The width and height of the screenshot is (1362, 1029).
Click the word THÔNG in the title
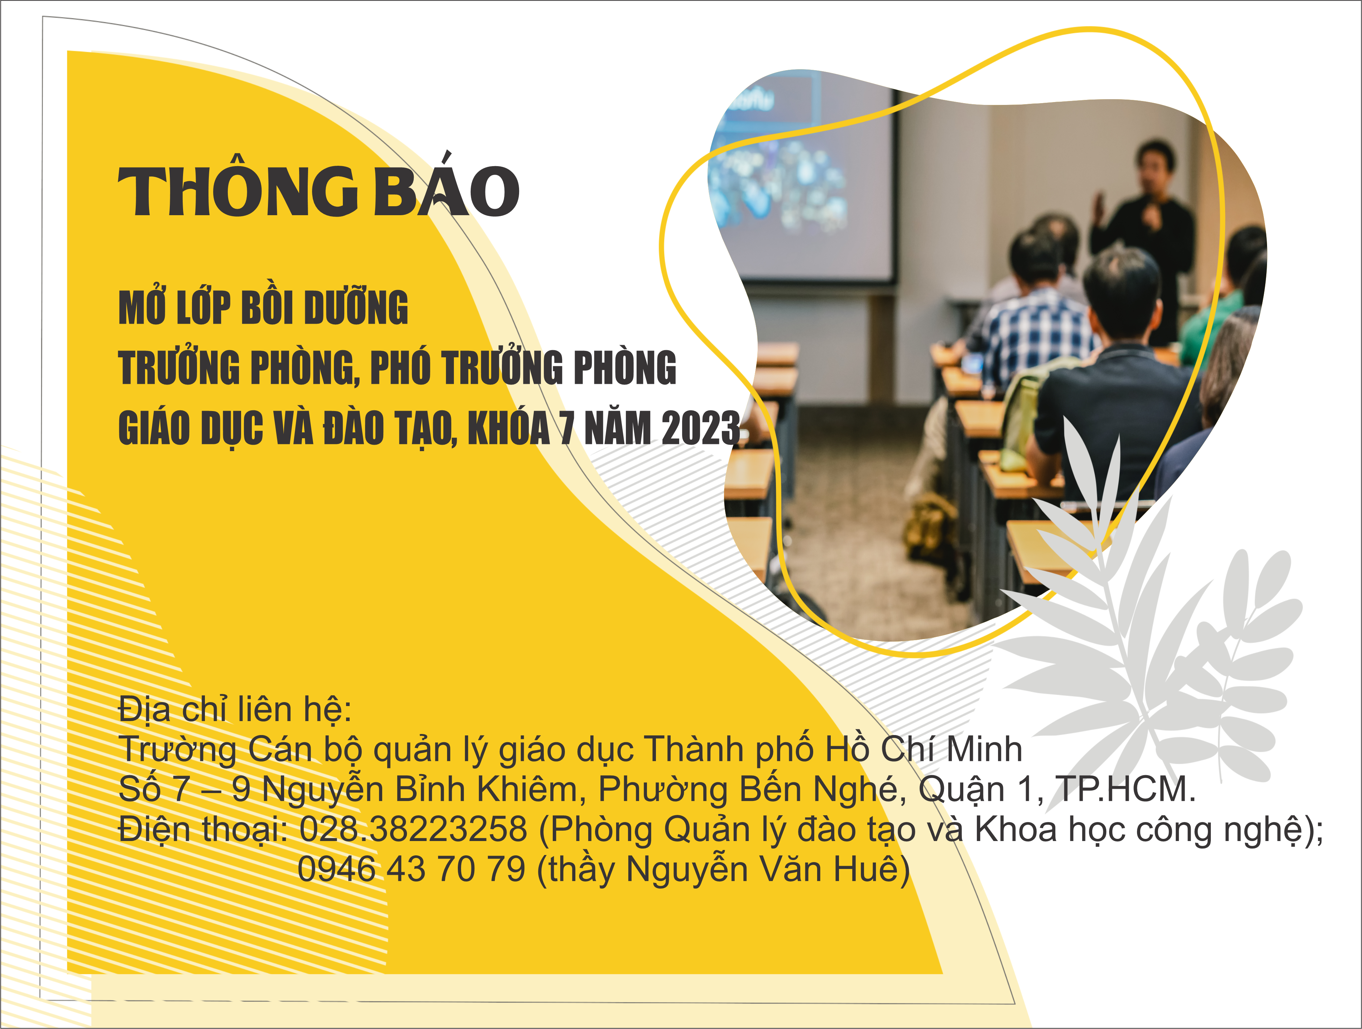(x=238, y=192)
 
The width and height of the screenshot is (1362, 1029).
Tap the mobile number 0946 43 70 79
(x=411, y=869)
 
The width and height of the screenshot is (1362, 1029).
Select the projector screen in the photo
(x=804, y=178)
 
